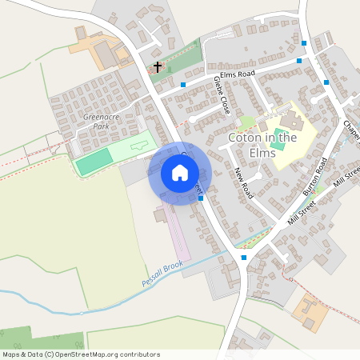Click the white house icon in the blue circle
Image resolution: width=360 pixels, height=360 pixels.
pyautogui.click(x=180, y=173)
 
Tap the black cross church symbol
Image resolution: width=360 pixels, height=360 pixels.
pyautogui.click(x=157, y=66)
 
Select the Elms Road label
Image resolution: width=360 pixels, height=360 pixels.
pyautogui.click(x=238, y=74)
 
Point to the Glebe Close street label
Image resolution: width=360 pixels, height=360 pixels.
pyautogui.click(x=222, y=96)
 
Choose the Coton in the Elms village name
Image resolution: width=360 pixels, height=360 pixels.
pyautogui.click(x=262, y=144)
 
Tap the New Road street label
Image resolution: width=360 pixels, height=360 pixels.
pyautogui.click(x=244, y=184)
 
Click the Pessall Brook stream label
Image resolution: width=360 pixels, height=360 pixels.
pyautogui.click(x=163, y=278)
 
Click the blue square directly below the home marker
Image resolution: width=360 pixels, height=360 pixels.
pyautogui.click(x=200, y=198)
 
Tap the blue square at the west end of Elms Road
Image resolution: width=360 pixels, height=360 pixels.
pyautogui.click(x=183, y=84)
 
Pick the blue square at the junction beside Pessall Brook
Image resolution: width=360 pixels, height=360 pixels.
pyautogui.click(x=244, y=258)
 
